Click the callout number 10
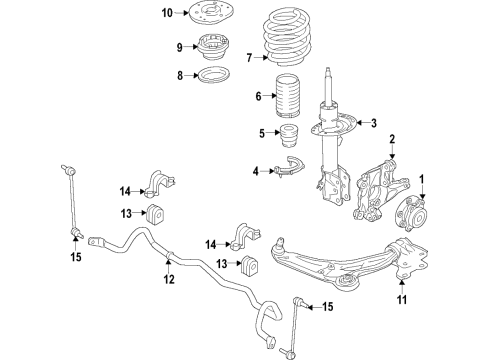coord(167,13)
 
